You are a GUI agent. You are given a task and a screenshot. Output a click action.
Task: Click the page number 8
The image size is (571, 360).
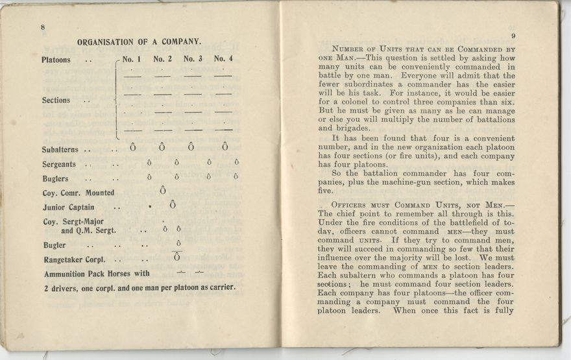(x=42, y=27)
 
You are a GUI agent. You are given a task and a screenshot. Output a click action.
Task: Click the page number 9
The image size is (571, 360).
(x=513, y=36)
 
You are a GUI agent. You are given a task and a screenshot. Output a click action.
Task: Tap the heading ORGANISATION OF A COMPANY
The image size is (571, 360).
(x=139, y=42)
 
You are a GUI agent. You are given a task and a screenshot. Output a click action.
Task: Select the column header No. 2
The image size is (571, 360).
(x=164, y=59)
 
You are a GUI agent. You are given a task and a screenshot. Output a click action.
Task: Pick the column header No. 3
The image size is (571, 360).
(x=193, y=59)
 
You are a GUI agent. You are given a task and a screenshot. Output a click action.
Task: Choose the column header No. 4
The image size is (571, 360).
(x=223, y=59)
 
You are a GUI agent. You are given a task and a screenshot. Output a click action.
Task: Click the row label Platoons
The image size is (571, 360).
(x=56, y=60)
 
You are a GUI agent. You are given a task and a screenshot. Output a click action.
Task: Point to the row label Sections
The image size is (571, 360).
(x=56, y=101)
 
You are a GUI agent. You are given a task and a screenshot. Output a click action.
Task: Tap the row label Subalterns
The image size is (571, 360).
(x=64, y=150)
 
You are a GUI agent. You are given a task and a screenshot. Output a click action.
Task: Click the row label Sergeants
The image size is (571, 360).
(x=59, y=165)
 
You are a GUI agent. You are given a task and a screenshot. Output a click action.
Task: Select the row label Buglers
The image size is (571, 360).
(x=55, y=178)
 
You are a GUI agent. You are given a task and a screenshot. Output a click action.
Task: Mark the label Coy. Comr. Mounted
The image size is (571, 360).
(x=79, y=193)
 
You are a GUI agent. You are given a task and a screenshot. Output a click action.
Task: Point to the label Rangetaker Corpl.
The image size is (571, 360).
(x=74, y=260)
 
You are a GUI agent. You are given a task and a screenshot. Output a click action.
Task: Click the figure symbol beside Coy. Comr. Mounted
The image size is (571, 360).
(x=162, y=191)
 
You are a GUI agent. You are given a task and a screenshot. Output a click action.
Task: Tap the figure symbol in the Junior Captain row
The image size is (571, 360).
(x=173, y=205)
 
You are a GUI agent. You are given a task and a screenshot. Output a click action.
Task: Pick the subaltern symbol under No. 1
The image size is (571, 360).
(x=133, y=147)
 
